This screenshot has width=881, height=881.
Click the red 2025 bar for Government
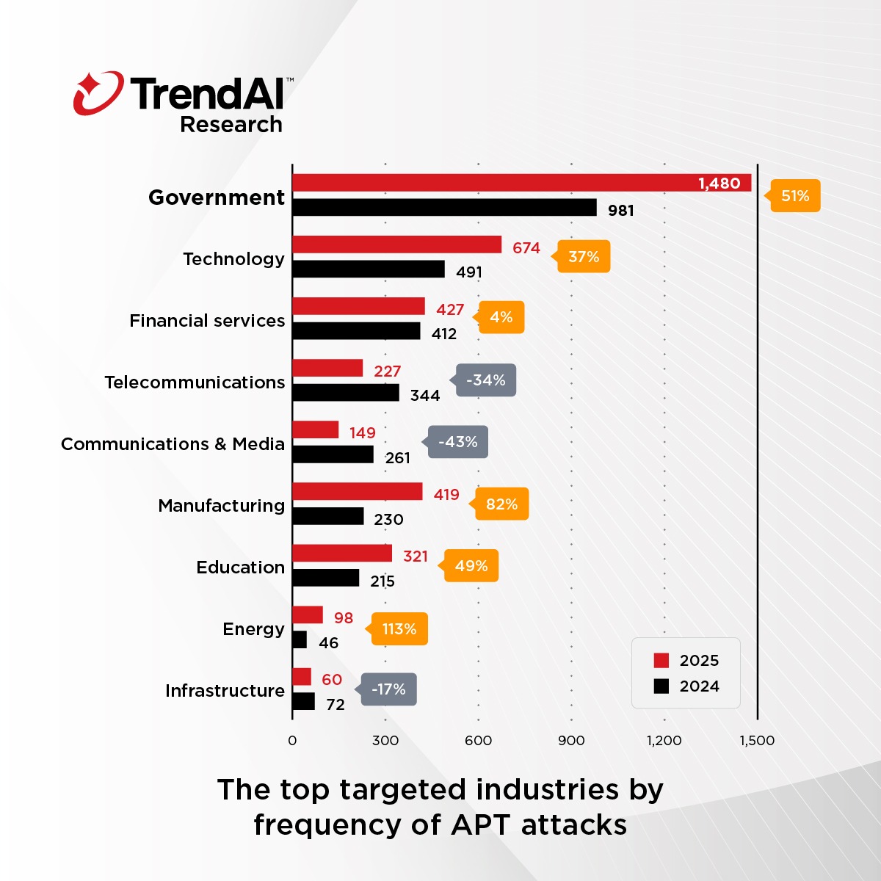point(521,183)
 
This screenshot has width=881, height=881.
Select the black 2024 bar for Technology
point(369,269)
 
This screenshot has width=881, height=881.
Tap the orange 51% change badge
point(795,196)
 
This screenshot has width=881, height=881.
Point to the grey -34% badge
point(486,380)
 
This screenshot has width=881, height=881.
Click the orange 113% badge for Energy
point(399,629)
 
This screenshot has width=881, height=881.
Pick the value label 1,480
point(719,184)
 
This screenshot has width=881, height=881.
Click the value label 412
point(444,334)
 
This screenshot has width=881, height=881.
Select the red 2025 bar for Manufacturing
point(358,492)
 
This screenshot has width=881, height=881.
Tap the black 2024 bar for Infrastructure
point(304,701)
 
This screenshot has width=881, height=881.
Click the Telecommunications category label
point(195,383)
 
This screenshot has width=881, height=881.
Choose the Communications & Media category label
point(173,444)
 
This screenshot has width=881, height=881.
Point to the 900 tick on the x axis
point(571,740)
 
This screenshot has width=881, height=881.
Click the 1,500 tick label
point(757,740)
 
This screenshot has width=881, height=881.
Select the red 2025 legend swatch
point(661,660)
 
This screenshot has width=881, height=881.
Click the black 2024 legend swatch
point(661,686)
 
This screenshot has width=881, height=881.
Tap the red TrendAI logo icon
point(98,93)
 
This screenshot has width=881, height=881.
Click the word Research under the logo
point(231,125)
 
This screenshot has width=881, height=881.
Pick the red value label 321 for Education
point(416,556)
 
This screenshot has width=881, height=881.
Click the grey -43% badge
point(457,442)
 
